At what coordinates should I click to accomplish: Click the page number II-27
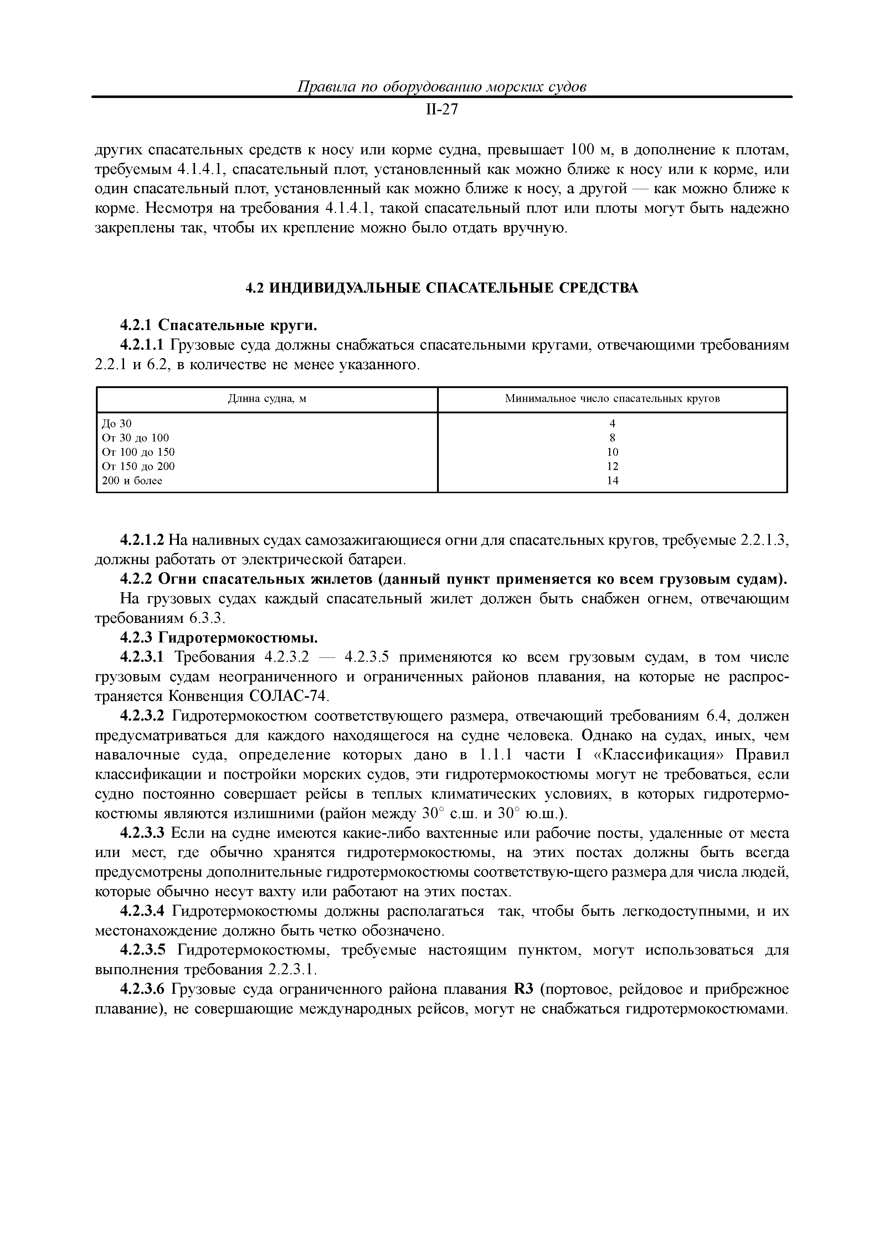click(x=441, y=110)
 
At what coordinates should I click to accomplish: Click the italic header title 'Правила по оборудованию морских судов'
click(x=441, y=87)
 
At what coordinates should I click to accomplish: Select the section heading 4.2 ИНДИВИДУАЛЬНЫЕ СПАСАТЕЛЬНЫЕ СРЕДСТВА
click(x=441, y=288)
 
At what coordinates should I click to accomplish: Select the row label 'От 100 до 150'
click(x=138, y=452)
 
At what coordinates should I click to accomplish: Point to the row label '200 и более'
click(x=132, y=481)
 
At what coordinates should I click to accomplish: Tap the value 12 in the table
click(x=612, y=466)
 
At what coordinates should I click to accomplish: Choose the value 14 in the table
click(x=612, y=481)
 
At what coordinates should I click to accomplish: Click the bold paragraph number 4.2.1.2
click(x=142, y=540)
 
